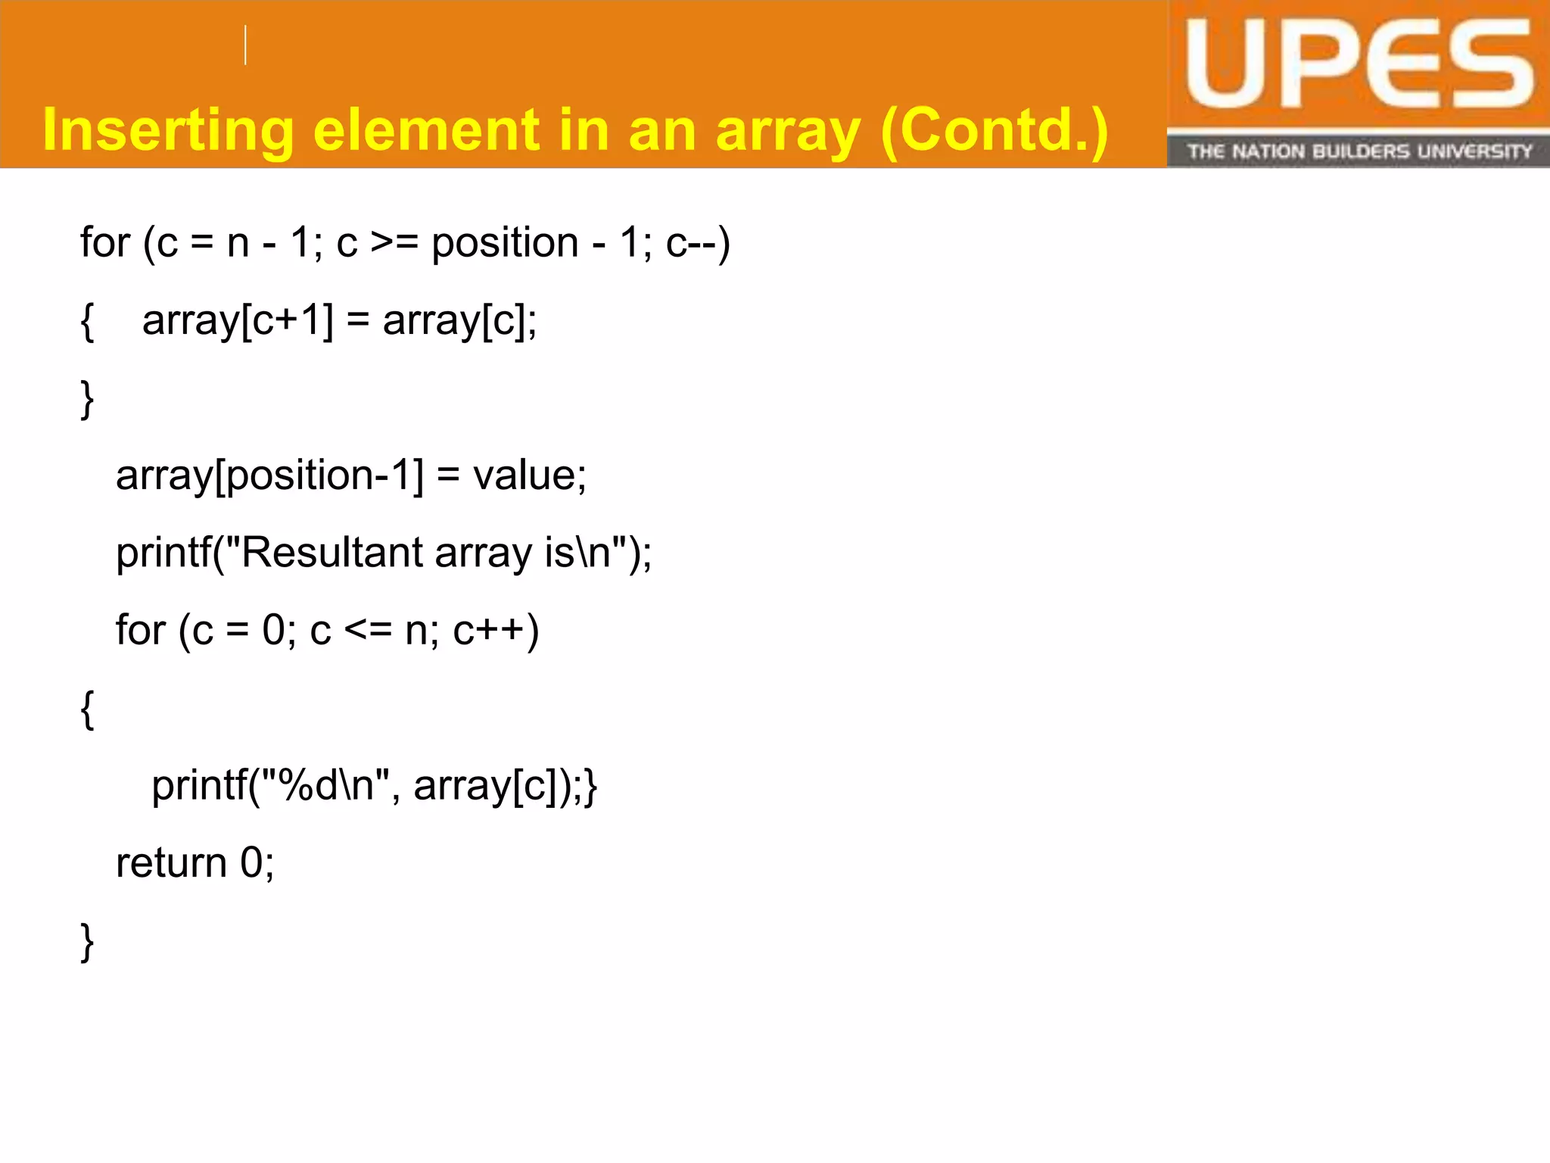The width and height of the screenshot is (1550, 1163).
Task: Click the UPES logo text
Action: coord(1359,66)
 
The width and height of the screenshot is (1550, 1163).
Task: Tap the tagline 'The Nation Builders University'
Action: coord(1359,151)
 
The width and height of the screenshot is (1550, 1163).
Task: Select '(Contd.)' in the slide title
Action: coord(994,131)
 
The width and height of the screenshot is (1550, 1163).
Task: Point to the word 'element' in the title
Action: coord(426,129)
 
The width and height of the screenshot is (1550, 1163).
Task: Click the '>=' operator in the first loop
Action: coord(394,244)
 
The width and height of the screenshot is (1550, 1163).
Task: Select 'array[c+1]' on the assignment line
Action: coord(238,321)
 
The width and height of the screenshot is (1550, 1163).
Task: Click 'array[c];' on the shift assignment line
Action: coord(459,321)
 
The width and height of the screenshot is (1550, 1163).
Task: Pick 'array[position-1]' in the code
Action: coord(269,476)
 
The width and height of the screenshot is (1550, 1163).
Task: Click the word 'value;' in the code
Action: coord(529,476)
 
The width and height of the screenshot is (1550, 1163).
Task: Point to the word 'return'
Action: coord(171,863)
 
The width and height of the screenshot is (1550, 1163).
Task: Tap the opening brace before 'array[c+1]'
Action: coord(87,321)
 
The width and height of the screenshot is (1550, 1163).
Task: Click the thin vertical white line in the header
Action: coord(245,45)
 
